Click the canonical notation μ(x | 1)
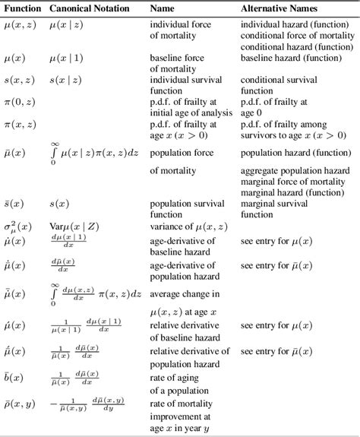coord(66,57)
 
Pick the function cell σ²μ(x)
coord(21,226)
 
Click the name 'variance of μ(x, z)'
coord(190,226)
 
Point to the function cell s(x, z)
coord(19,79)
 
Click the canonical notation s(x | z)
coord(65,79)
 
